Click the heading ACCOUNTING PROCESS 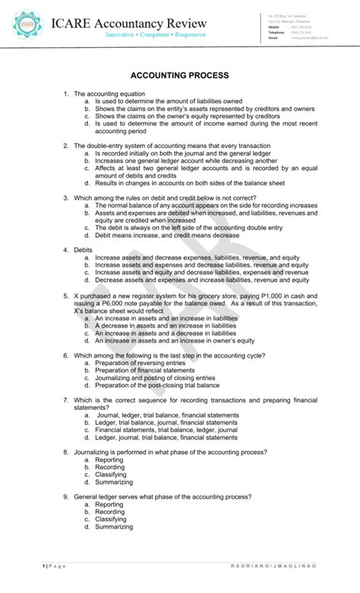coord(179,77)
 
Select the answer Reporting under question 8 coord(109,459)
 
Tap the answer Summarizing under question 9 coord(114,526)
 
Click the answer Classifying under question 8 coord(111,475)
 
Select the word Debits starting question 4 coord(82,249)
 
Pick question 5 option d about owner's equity coord(174,341)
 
